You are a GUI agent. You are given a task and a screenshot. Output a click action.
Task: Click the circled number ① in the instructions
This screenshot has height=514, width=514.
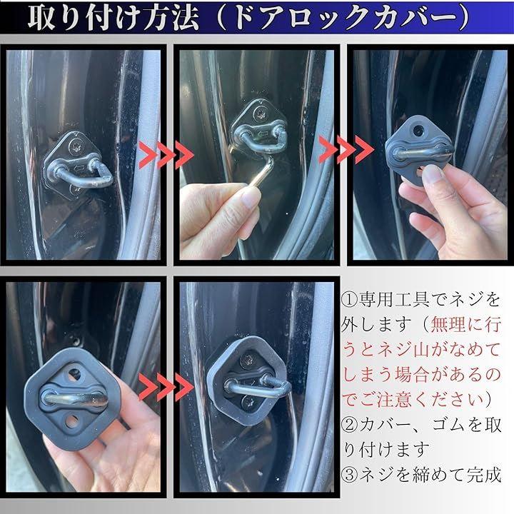[x=349, y=300]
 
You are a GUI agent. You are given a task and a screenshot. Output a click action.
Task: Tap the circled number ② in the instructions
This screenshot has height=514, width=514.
[x=349, y=425]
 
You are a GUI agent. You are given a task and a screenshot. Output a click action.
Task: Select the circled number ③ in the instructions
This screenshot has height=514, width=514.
[x=349, y=475]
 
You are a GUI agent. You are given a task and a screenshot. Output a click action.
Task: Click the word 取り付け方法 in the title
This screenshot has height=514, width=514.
[x=114, y=17]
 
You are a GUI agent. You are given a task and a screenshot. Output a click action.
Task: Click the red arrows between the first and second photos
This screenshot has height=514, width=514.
[x=166, y=155]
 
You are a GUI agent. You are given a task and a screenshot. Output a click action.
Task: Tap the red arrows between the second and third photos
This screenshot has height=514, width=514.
[x=346, y=150]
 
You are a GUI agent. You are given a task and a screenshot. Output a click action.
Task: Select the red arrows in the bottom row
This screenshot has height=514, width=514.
[x=166, y=387]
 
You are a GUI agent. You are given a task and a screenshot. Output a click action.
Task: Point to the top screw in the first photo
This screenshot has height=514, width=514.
[x=74, y=145]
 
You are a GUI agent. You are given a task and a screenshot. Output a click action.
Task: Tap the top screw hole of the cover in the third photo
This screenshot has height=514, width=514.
[x=418, y=130]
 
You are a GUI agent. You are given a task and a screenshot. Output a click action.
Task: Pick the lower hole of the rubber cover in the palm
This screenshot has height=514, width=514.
[x=72, y=421]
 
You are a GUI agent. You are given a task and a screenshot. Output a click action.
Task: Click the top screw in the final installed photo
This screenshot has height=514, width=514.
[x=247, y=359]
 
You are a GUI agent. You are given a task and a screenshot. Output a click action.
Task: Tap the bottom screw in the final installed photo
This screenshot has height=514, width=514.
[x=246, y=401]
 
